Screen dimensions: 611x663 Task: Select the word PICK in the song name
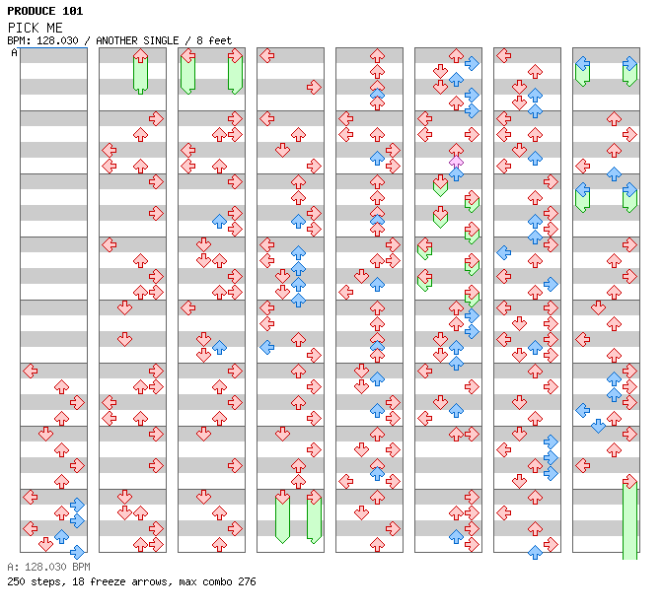coord(21,27)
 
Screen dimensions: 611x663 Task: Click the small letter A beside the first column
coord(14,52)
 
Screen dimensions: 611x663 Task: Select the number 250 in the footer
coord(17,581)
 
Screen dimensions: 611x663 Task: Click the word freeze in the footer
coord(109,581)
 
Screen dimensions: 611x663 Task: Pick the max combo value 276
coord(246,581)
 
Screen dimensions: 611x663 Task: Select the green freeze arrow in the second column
coord(140,71)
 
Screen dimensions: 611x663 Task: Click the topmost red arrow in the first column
coord(30,371)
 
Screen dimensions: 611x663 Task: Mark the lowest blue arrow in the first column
coord(77,552)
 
